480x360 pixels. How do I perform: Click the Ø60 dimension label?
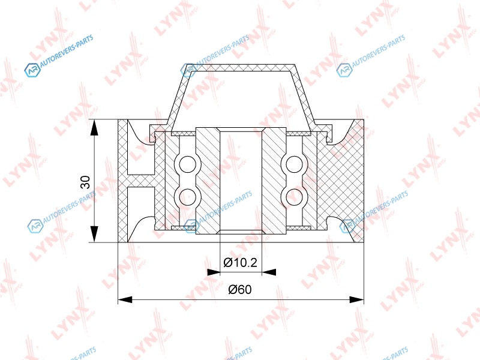point(240,289)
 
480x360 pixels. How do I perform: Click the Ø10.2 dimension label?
point(241,262)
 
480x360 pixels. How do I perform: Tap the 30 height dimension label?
point(85,182)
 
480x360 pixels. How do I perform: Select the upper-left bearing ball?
point(187,164)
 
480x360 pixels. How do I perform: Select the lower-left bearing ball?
point(187,197)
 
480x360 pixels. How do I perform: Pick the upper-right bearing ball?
point(294,164)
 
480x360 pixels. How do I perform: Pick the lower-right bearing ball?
point(294,197)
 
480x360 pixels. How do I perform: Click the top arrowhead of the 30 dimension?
point(95,127)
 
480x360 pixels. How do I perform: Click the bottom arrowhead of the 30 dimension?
point(95,235)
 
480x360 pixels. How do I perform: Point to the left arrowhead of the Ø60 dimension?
point(125,299)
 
